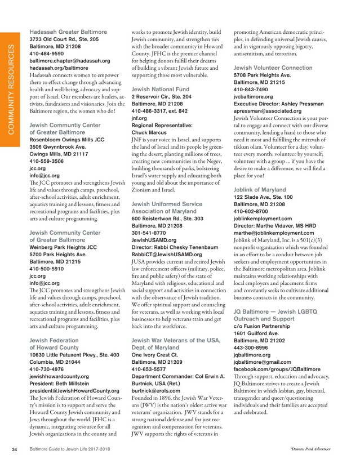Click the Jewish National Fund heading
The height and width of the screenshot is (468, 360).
pyautogui.click(x=159, y=89)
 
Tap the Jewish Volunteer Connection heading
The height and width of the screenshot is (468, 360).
pyautogui.click(x=273, y=67)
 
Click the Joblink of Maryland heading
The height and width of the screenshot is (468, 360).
pyautogui.click(x=259, y=189)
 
